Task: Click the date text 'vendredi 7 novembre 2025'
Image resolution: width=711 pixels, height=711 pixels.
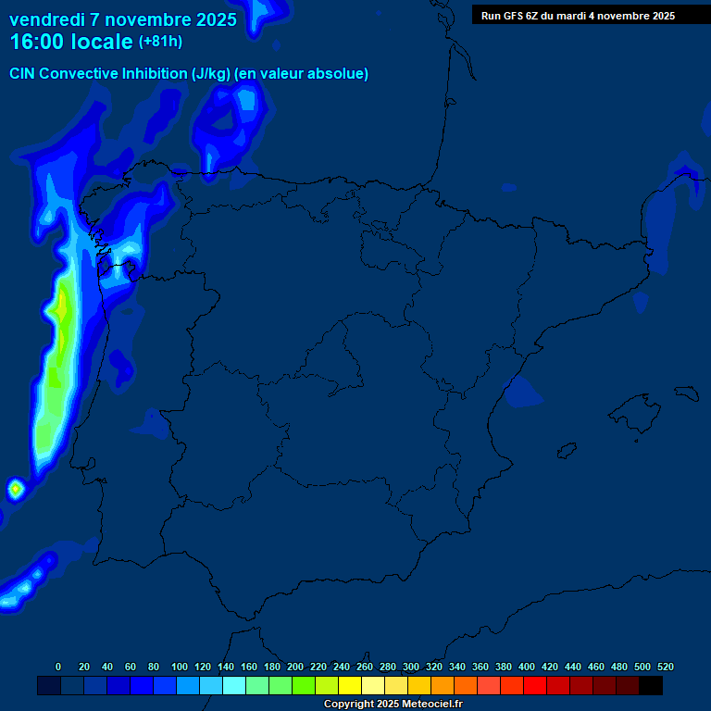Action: [123, 19]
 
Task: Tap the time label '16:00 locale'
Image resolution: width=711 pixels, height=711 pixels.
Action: [71, 42]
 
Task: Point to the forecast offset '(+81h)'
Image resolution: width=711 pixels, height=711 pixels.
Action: [160, 42]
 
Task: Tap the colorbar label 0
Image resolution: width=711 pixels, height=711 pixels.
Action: [58, 667]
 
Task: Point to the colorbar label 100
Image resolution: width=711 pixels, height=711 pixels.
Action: [180, 667]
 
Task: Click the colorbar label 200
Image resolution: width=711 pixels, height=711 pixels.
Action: [295, 667]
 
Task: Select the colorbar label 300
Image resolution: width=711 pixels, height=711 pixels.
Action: [411, 667]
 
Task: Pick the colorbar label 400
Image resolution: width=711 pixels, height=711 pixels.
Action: [527, 667]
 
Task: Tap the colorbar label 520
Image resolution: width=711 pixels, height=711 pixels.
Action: [666, 667]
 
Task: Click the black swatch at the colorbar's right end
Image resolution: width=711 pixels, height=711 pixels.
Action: [651, 686]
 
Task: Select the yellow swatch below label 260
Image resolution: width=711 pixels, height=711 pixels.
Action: [350, 686]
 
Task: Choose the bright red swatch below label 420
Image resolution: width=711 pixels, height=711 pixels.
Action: [535, 686]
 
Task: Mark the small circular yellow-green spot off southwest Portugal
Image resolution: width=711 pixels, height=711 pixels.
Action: [15, 488]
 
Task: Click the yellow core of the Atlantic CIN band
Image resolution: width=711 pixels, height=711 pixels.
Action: [62, 306]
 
